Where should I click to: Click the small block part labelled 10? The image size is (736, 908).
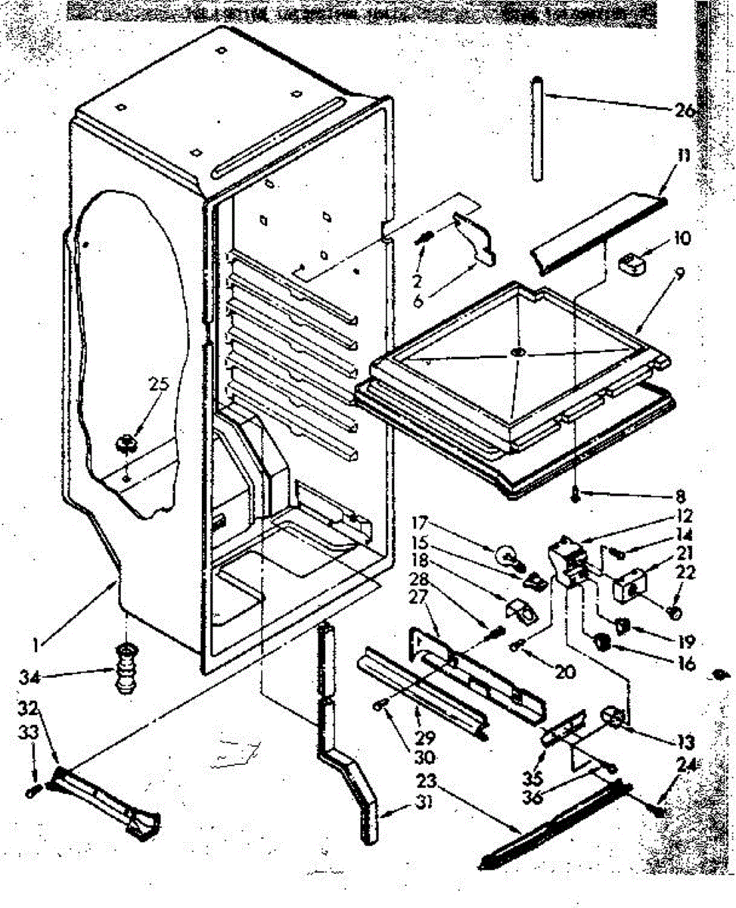click(631, 264)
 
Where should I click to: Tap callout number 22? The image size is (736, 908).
click(687, 573)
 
